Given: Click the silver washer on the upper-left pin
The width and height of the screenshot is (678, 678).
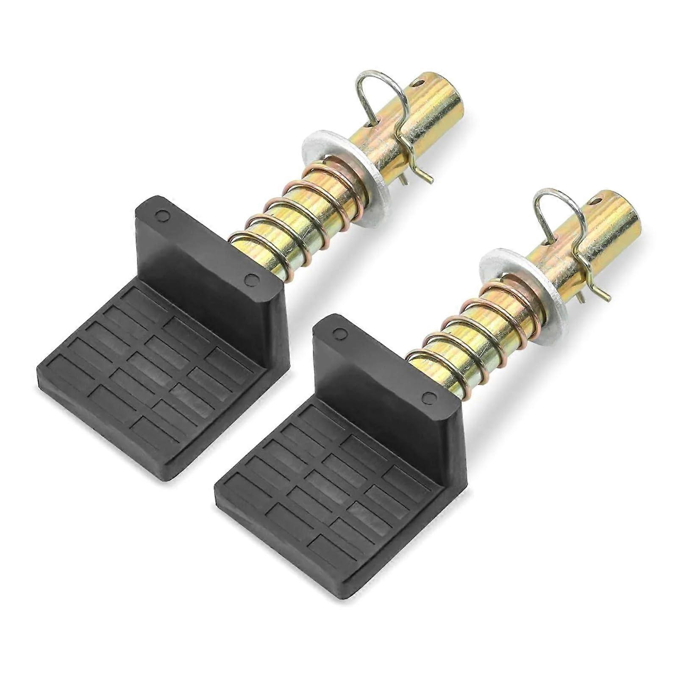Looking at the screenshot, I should [316, 150].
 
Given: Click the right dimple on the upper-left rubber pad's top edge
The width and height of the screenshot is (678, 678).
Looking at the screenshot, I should [253, 279].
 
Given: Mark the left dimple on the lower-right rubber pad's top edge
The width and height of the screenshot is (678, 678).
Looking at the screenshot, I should [339, 333].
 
